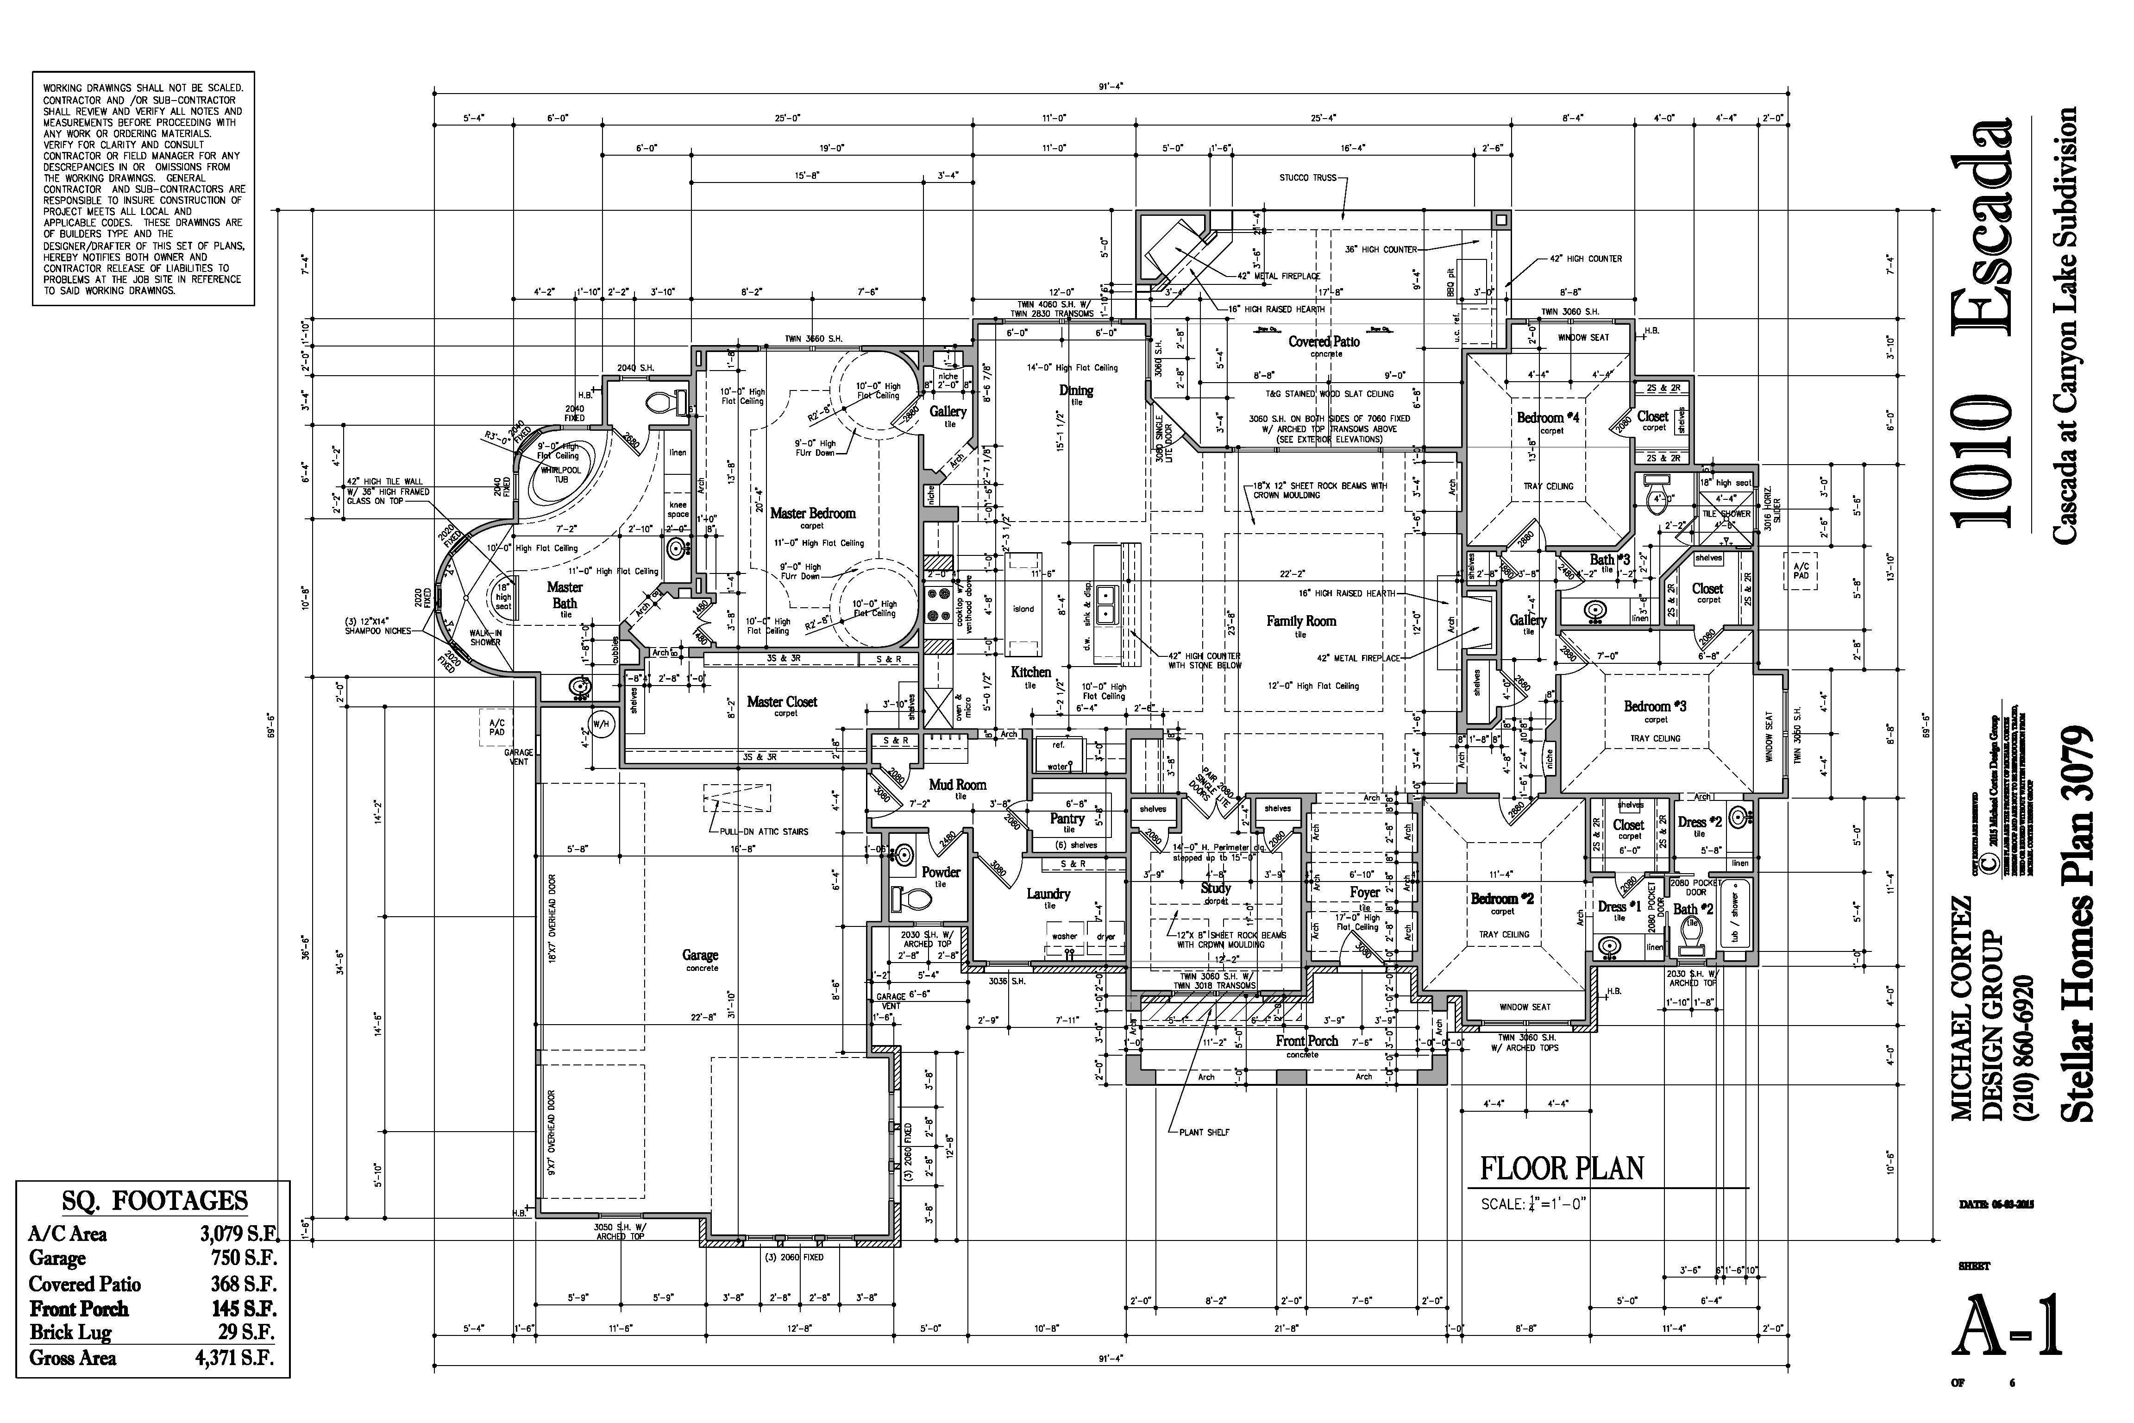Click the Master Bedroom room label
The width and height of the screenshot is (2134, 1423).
[812, 514]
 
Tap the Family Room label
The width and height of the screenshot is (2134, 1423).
[1301, 622]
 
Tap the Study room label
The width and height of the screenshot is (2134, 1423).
[1215, 888]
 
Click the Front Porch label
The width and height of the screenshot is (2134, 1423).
[1306, 1041]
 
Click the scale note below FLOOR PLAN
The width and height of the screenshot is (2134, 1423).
[1534, 1204]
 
